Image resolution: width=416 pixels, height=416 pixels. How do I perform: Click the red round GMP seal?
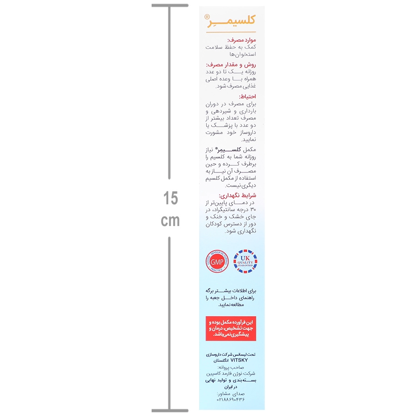pos(217,262)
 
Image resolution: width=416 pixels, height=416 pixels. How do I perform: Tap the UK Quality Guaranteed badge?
pos(245,262)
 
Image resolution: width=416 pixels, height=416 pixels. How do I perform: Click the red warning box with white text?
pos(231,328)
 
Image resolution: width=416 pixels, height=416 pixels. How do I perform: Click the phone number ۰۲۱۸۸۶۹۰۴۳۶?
pos(231,399)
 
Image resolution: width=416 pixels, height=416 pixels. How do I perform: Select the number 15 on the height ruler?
pos(170,199)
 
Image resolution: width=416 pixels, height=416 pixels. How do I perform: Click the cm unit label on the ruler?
pos(170,221)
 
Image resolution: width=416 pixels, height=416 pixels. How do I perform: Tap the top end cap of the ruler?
pos(170,6)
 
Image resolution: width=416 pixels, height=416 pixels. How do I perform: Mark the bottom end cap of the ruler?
pos(170,410)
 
